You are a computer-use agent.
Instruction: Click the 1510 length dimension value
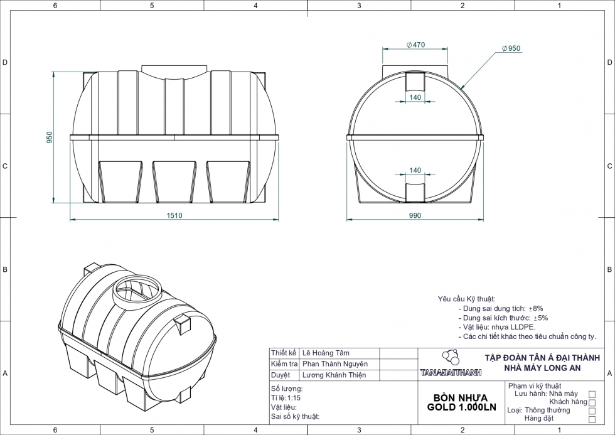click(174, 215)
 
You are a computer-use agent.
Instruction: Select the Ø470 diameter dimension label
click(415, 45)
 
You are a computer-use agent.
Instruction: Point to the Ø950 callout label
click(511, 48)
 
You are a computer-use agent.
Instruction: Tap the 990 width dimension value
click(415, 215)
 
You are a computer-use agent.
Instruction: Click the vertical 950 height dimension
click(50, 137)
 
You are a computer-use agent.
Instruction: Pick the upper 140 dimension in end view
click(415, 97)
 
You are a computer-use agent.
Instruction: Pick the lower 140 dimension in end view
click(415, 170)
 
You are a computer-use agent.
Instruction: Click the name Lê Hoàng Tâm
click(326, 353)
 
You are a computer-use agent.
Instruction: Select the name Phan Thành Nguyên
click(335, 364)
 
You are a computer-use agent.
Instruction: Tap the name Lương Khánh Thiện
click(334, 375)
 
